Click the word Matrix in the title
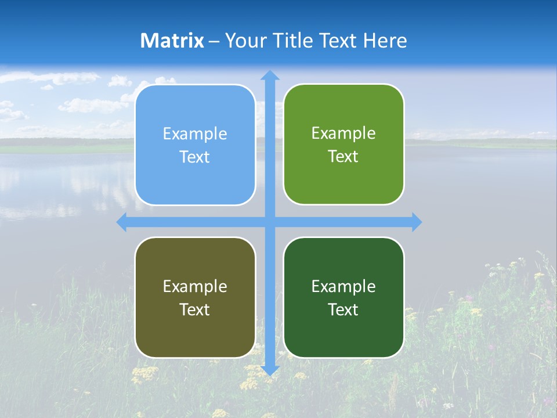pyautogui.click(x=172, y=41)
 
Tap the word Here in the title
pyautogui.click(x=385, y=41)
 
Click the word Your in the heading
pyautogui.click(x=246, y=41)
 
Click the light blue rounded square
pyautogui.click(x=195, y=145)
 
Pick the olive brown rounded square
pyautogui.click(x=195, y=297)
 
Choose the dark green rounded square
pyautogui.click(x=343, y=297)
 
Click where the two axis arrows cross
pyautogui.click(x=269, y=222)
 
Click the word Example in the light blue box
pyautogui.click(x=195, y=134)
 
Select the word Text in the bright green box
pyautogui.click(x=343, y=156)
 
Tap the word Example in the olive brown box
pyautogui.click(x=195, y=286)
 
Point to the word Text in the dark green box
pyautogui.click(x=343, y=309)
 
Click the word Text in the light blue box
pyautogui.click(x=195, y=157)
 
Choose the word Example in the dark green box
pyautogui.click(x=343, y=286)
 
